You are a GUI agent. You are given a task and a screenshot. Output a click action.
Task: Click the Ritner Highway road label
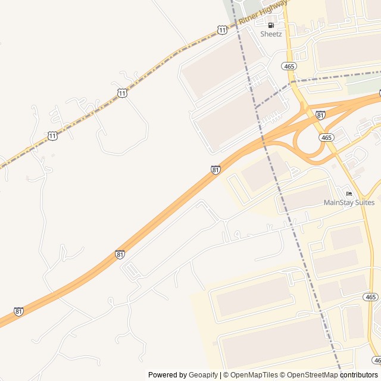263,13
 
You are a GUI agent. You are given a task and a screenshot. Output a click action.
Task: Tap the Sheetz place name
271,34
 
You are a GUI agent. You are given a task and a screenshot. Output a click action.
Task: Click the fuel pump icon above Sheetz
271,25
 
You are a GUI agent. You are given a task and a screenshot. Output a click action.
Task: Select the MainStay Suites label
349,202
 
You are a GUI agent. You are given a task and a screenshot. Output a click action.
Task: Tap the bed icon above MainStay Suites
349,193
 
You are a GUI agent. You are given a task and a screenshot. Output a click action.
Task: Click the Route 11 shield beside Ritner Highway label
222,29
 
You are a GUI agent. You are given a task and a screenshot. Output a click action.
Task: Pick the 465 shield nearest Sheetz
290,67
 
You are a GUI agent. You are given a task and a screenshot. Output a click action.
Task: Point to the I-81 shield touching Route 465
321,115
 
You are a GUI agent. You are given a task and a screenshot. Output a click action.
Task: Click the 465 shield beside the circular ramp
326,138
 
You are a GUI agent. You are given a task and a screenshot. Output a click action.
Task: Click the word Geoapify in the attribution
204,375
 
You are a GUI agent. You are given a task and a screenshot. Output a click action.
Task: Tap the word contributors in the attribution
359,375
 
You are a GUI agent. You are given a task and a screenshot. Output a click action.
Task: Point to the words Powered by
167,375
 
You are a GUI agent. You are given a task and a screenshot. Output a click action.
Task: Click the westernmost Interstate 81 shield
19,311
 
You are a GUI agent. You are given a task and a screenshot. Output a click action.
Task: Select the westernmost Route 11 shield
52,136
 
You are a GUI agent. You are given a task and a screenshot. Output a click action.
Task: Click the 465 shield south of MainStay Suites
370,296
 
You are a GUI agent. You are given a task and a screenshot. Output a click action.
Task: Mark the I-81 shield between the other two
120,254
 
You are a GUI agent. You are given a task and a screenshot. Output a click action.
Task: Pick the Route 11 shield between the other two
122,93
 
